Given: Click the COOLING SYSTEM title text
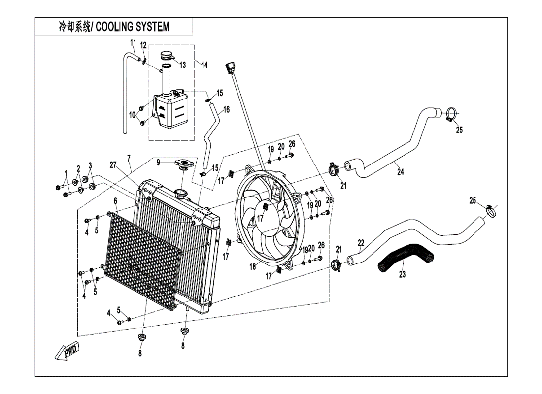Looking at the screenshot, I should pyautogui.click(x=113, y=27).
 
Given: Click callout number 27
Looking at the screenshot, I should pyautogui.click(x=114, y=165).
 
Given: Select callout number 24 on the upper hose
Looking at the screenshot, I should pyautogui.click(x=400, y=172).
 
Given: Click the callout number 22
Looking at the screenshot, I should pyautogui.click(x=361, y=243).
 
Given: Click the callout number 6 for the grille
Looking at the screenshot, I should pyautogui.click(x=115, y=201).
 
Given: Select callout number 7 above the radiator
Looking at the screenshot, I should pyautogui.click(x=129, y=158).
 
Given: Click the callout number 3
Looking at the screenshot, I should pyautogui.click(x=90, y=165).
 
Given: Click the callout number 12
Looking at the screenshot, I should pyautogui.click(x=143, y=46).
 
